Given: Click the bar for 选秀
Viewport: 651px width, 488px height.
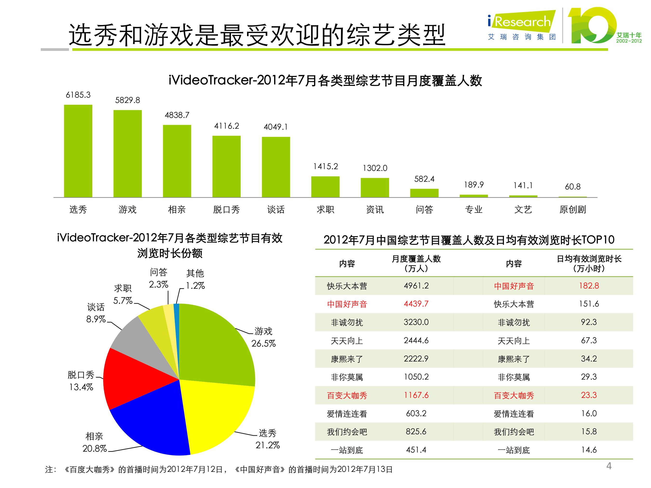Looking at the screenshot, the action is [78, 151].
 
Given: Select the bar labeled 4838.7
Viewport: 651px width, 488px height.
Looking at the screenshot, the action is [177, 161].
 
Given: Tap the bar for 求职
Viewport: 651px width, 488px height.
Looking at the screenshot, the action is [325, 187].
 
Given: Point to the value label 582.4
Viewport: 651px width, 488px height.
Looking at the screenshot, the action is [424, 179].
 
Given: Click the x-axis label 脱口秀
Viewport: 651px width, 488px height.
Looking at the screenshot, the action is [226, 209].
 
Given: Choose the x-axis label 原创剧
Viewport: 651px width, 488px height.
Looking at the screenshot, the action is [572, 209].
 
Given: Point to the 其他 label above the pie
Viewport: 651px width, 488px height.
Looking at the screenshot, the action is [195, 273].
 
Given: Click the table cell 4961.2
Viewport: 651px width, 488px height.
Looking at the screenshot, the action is [416, 286].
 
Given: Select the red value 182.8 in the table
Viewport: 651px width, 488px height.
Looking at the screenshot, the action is [589, 286].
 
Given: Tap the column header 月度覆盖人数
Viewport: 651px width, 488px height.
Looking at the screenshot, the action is [416, 259].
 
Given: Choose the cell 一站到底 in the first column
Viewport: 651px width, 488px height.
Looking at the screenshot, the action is [347, 450].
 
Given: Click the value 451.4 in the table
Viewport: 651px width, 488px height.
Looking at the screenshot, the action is [416, 450].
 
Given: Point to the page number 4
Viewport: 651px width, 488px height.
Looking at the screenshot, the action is [609, 466].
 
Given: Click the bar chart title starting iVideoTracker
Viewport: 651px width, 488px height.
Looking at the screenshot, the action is [325, 80].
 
